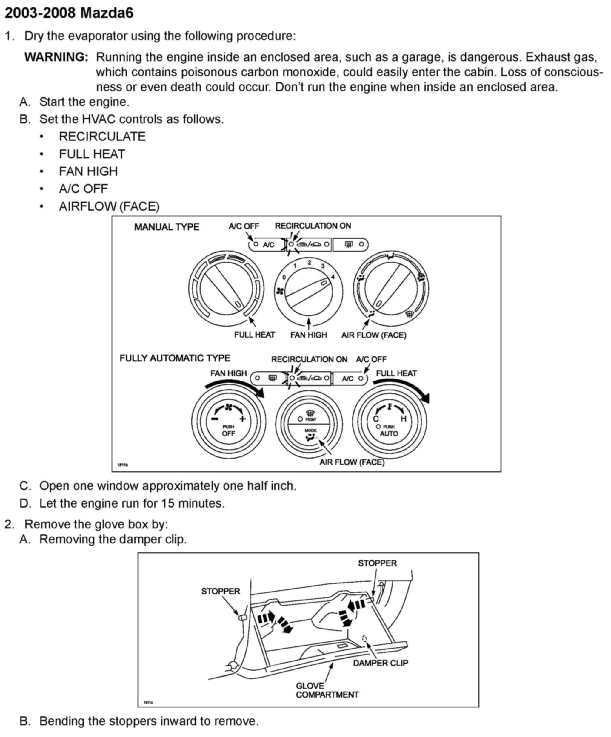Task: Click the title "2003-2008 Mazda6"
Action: (x=69, y=13)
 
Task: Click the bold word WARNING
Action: (x=56, y=57)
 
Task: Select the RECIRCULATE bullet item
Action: (x=102, y=137)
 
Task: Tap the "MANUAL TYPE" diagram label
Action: (x=167, y=227)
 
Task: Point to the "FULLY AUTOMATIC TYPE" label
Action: (x=175, y=358)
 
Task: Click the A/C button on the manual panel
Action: (x=268, y=245)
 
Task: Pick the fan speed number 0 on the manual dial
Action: (x=284, y=277)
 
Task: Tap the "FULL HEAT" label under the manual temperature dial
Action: (x=254, y=335)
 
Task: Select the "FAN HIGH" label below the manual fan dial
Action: (x=308, y=335)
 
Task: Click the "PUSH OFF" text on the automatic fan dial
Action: (x=228, y=430)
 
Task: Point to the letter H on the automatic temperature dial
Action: (x=403, y=419)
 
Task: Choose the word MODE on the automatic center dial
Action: (x=310, y=430)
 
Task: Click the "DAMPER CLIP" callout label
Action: (x=381, y=663)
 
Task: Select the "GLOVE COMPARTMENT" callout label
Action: (x=327, y=690)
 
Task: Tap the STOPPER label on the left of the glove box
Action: (x=221, y=591)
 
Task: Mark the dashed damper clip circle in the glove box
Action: (x=364, y=638)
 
